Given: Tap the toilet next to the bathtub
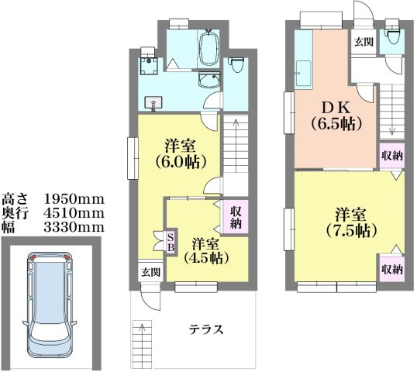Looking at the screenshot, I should pos(238,68).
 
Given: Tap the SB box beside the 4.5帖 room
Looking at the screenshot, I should pos(171,241).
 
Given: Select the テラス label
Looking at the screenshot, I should pos(207,329).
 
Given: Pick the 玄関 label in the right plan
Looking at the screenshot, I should pos(363,42).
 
